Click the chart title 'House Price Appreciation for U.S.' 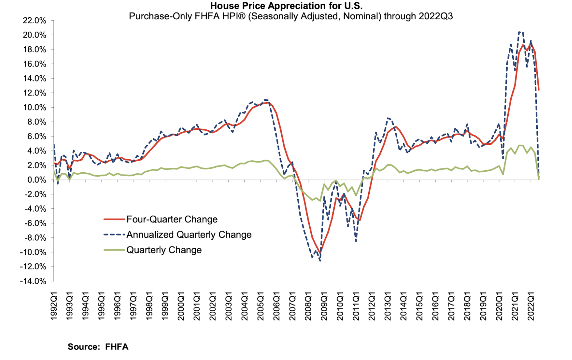(x=286, y=6)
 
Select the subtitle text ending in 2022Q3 (x=291, y=16)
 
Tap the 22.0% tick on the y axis (x=35, y=21)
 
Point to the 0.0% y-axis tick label (x=36, y=180)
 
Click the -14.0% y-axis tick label (x=33, y=281)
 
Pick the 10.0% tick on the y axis (x=35, y=108)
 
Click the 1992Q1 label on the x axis (x=54, y=306)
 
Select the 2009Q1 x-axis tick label (x=324, y=306)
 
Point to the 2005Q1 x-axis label (x=261, y=306)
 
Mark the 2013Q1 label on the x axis (x=388, y=306)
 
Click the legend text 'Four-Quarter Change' (x=172, y=219)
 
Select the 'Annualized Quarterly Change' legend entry (x=189, y=235)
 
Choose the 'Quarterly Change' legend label (x=164, y=250)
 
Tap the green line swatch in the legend (x=114, y=250)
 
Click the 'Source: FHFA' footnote (x=98, y=347)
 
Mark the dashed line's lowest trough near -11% (x=320, y=261)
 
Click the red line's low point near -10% (x=320, y=253)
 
